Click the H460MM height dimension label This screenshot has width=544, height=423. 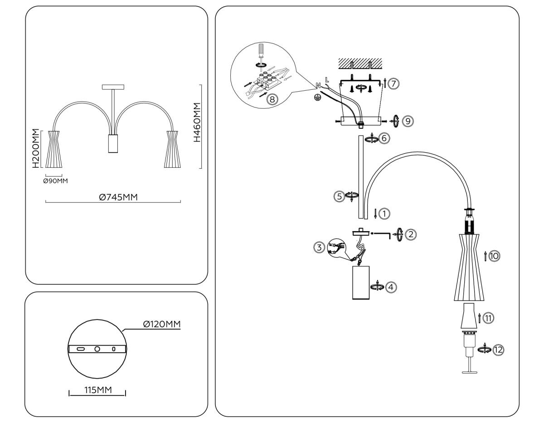[196, 123]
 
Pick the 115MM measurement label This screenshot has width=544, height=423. [97, 390]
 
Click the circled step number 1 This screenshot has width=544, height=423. [384, 213]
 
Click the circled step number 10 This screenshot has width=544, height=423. [494, 256]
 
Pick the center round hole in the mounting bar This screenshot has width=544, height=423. [97, 349]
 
